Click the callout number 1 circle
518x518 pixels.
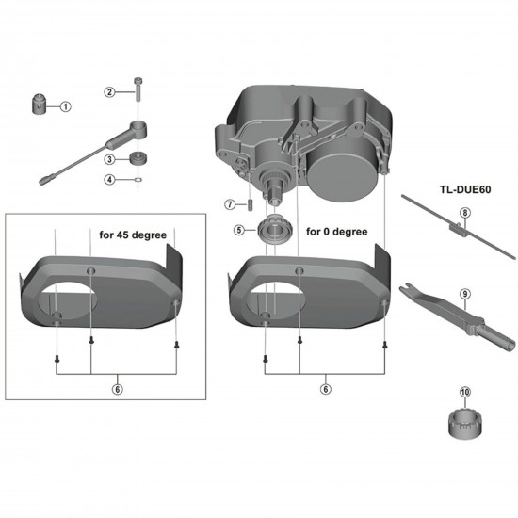66,106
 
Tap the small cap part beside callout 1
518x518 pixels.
42,103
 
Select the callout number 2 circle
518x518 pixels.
109,91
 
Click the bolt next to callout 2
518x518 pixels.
138,91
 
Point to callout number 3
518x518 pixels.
109,159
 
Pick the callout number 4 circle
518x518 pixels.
109,179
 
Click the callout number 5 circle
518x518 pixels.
239,229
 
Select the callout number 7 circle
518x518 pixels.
229,203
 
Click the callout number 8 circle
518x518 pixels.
463,213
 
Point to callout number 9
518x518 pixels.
463,293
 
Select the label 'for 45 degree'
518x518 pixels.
134,235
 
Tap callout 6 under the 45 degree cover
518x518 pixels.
116,388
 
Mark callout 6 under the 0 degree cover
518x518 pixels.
326,388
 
